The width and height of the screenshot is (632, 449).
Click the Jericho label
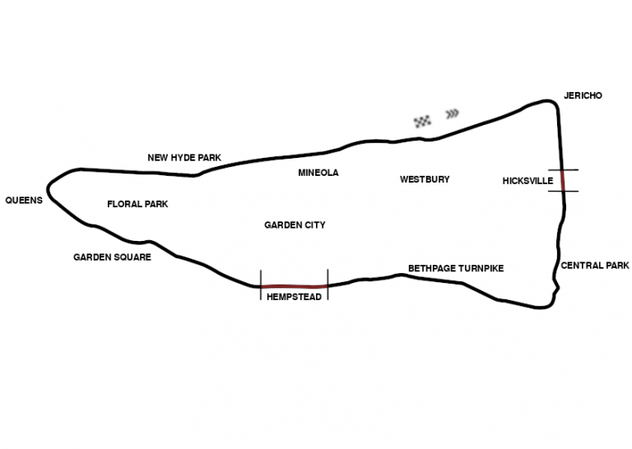[x=583, y=95]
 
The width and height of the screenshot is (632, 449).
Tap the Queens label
[x=23, y=201]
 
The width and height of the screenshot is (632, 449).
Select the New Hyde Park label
[x=184, y=158]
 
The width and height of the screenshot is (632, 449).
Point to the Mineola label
[x=318, y=173]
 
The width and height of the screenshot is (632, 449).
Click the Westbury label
[x=425, y=179]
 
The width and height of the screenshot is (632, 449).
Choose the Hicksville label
[x=527, y=181]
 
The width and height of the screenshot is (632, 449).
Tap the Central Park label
[x=595, y=266]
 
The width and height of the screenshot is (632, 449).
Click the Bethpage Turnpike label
[x=456, y=269]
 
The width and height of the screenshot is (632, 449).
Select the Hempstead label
[x=294, y=297]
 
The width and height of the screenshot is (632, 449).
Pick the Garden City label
[x=295, y=225]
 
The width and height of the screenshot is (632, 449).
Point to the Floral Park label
[x=137, y=204]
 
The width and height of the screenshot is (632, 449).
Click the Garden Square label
[x=112, y=257]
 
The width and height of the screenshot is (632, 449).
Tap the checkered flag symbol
[x=423, y=121]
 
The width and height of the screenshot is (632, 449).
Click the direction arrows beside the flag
[x=452, y=113]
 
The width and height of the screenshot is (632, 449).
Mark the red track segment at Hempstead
[x=294, y=286]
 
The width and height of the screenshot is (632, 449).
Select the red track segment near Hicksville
[x=563, y=180]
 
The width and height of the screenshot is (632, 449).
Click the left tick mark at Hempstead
[x=261, y=285]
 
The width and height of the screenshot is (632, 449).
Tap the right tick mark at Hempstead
[x=328, y=285]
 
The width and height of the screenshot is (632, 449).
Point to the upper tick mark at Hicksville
[x=562, y=169]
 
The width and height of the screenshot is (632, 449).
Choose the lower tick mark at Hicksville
[x=563, y=192]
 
